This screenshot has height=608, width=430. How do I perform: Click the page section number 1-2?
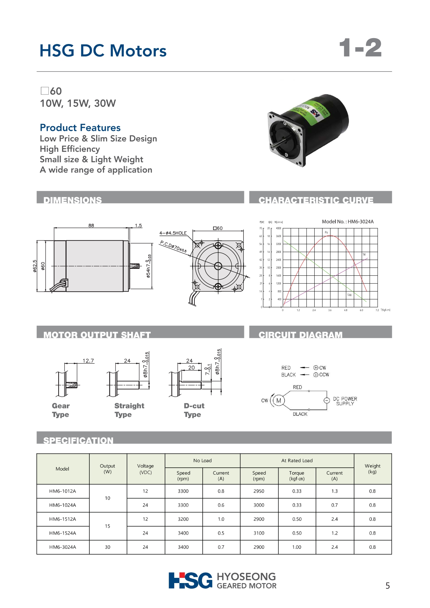pos(360,48)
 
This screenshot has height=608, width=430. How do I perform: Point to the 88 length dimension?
pos(91,226)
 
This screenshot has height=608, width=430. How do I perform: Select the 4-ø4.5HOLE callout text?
pos(173,233)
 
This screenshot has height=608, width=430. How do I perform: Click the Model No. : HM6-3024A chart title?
pos(348,222)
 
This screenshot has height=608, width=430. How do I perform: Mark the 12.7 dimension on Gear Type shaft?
pos(88,361)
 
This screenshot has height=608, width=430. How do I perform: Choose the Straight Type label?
pos(129,410)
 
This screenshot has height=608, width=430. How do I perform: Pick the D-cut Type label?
pos(194,410)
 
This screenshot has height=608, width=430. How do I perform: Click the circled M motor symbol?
pos(279,400)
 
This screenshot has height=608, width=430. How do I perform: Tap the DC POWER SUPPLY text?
pos(345,401)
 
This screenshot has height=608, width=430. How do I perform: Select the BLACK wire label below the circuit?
pos(300,414)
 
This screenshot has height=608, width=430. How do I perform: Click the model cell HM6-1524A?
pos(63,533)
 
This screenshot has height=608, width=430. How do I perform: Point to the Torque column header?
pos(297,476)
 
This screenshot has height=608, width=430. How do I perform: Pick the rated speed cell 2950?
pos(259,491)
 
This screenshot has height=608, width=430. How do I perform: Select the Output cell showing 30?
pos(108,547)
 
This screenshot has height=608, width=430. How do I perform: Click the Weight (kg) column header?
pos(372,469)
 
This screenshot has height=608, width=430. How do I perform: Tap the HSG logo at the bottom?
pos(191,581)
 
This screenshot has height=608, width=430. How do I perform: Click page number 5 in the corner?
pos(387,586)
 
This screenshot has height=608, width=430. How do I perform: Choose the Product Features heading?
pos(80,127)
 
